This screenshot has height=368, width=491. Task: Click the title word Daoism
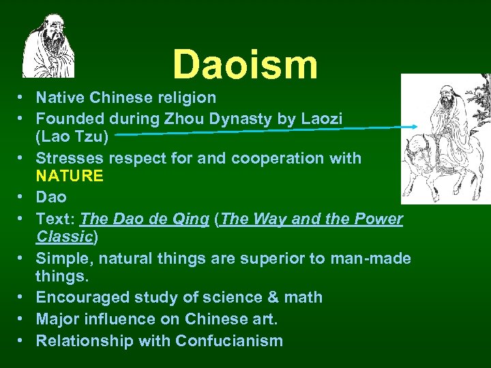245,64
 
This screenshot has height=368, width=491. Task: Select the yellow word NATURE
70,177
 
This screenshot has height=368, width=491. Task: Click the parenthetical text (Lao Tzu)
71,136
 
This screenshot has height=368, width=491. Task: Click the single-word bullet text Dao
51,197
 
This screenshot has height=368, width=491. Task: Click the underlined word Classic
64,237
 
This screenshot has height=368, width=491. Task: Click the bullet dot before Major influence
23,319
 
